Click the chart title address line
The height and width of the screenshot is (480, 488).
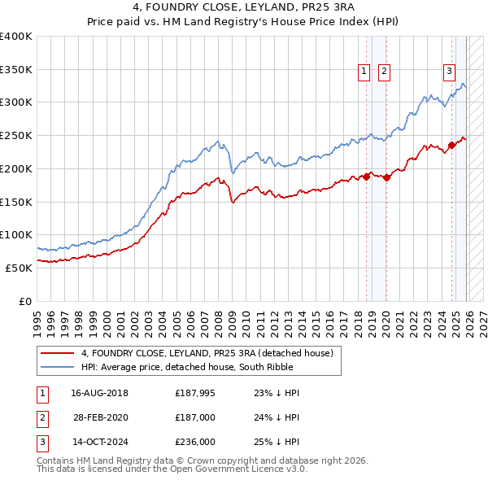click(244, 9)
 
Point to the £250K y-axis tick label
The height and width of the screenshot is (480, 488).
click(16, 135)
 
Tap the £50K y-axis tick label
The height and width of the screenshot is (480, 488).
click(19, 268)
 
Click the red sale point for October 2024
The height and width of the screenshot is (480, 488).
click(451, 146)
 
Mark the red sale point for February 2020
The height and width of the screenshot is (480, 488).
click(387, 178)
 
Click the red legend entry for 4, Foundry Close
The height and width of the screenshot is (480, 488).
click(207, 354)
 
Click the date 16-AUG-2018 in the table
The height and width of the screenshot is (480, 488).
click(99, 393)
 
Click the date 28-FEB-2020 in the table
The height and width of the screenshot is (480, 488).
click(101, 418)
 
